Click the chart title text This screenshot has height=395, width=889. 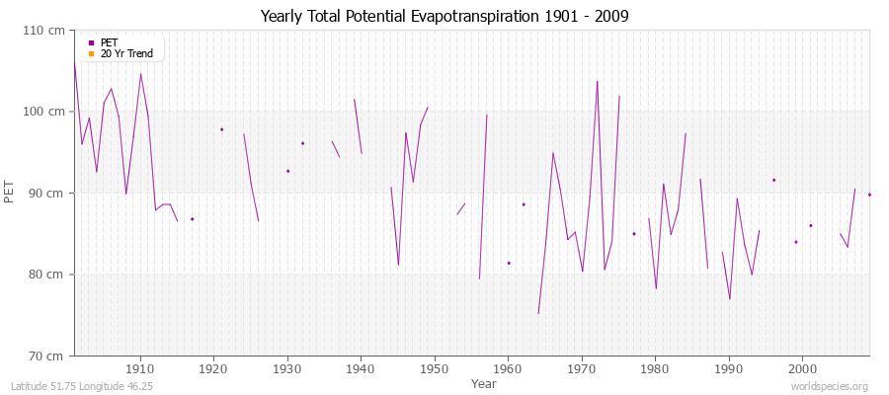[444, 16]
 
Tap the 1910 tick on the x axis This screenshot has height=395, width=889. [140, 367]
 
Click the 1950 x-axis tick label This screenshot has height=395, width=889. [434, 367]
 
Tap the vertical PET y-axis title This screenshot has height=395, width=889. [11, 193]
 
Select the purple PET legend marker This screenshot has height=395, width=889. [91, 42]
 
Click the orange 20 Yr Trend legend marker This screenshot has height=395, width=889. [91, 53]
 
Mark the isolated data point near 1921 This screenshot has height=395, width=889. [221, 129]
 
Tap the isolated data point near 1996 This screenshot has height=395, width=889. [773, 180]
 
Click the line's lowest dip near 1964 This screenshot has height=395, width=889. [538, 314]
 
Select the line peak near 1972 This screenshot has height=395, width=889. [598, 81]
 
